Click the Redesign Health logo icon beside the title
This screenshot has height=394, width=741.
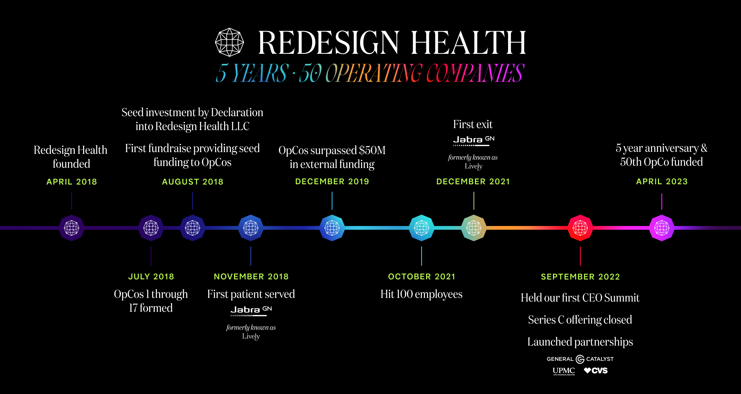(x=229, y=42)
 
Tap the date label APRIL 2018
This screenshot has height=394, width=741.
(x=72, y=182)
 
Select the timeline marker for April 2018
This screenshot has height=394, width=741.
(x=71, y=228)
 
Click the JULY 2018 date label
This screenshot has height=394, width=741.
(x=151, y=277)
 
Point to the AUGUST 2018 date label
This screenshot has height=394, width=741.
(x=192, y=182)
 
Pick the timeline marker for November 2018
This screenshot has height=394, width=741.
(x=251, y=228)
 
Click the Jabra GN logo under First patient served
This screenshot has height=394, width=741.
(x=251, y=311)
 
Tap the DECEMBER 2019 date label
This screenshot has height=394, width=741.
(x=332, y=182)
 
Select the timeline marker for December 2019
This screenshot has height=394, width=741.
(x=332, y=228)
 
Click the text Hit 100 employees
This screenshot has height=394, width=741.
(x=421, y=294)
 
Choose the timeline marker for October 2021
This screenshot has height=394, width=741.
(x=421, y=228)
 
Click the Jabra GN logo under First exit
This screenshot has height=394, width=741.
(x=474, y=141)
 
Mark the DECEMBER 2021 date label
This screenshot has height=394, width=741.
(x=473, y=182)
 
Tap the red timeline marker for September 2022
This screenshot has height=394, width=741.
(x=580, y=228)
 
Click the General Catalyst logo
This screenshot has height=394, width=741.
(x=580, y=359)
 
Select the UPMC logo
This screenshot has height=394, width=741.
(x=564, y=371)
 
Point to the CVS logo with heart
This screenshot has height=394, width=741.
(x=596, y=371)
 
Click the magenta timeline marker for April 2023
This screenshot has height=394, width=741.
(x=662, y=228)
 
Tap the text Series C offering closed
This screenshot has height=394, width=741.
(x=580, y=320)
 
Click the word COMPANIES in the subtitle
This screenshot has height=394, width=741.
(x=475, y=73)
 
